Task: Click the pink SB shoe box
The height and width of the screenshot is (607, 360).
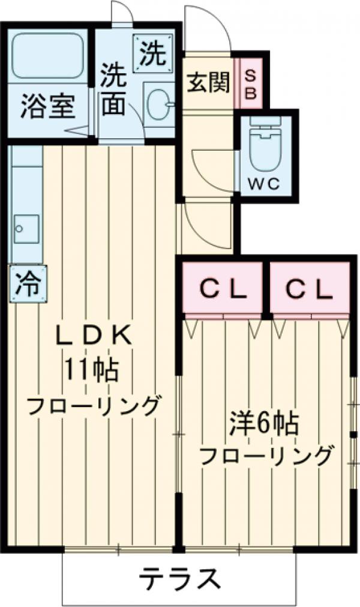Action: pos(251,83)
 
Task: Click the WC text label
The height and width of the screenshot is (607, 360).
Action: pos(265,185)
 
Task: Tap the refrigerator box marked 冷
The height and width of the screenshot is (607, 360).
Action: pos(27,283)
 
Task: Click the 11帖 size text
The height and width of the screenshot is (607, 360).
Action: pos(92,370)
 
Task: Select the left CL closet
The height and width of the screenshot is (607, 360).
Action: pos(223,290)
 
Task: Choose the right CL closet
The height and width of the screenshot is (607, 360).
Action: pos(308,290)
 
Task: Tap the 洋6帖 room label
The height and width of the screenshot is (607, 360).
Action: pos(264,425)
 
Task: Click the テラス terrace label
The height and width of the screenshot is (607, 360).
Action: pos(178,579)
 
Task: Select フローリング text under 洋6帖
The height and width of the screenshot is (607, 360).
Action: pos(265,458)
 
